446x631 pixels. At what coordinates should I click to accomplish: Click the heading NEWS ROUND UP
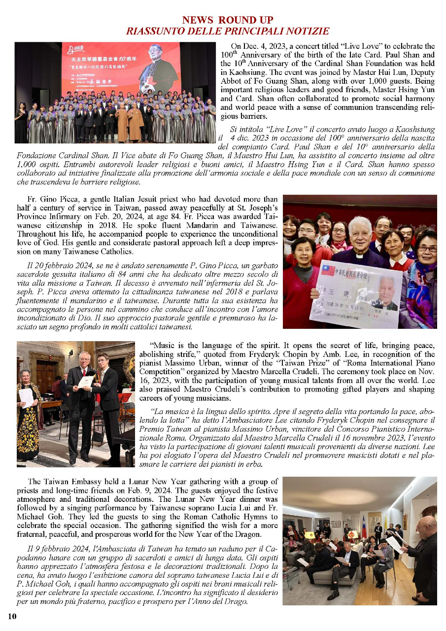[227, 20]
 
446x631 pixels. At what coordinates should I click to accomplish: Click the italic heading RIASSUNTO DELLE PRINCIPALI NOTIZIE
[227, 31]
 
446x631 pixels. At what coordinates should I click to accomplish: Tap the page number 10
[12, 615]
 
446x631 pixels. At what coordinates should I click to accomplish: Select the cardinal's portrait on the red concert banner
[159, 67]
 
